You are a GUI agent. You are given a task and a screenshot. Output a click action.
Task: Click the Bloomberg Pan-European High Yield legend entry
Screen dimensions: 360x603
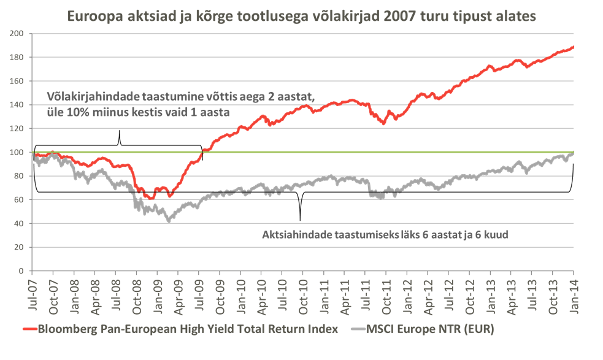[x=188, y=329]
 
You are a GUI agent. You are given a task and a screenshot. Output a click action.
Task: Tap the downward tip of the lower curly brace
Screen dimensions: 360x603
[x=300, y=220]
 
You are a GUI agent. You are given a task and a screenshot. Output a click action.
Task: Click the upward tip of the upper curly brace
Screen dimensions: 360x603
[x=119, y=131]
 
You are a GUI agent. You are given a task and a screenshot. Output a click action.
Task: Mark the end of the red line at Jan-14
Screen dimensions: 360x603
[x=573, y=47]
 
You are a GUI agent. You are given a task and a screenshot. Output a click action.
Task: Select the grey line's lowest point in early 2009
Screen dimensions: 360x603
[x=169, y=221]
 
